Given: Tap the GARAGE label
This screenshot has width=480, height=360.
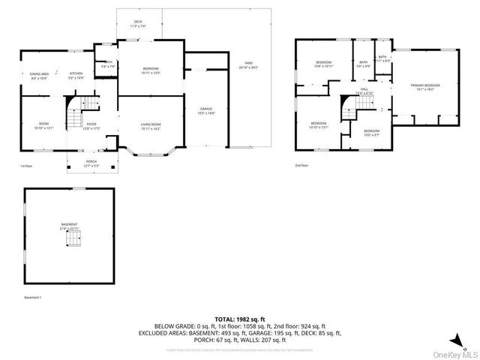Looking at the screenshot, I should [206, 110].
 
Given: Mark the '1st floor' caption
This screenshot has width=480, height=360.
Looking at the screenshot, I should [26, 166].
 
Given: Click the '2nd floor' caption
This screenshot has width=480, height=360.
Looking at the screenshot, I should [301, 165].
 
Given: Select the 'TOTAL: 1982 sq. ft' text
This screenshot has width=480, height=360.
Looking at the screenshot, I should [239, 319].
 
